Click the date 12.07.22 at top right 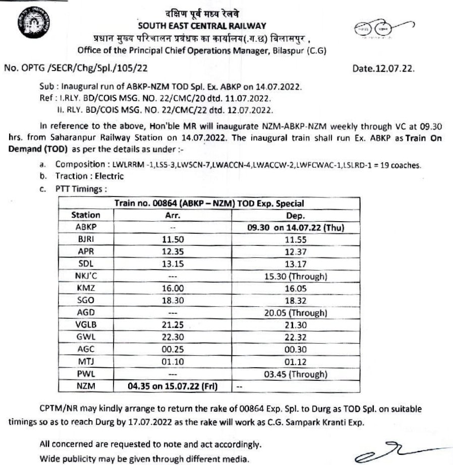387,67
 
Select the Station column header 86,215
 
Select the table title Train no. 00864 209,204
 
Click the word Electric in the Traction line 108,176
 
